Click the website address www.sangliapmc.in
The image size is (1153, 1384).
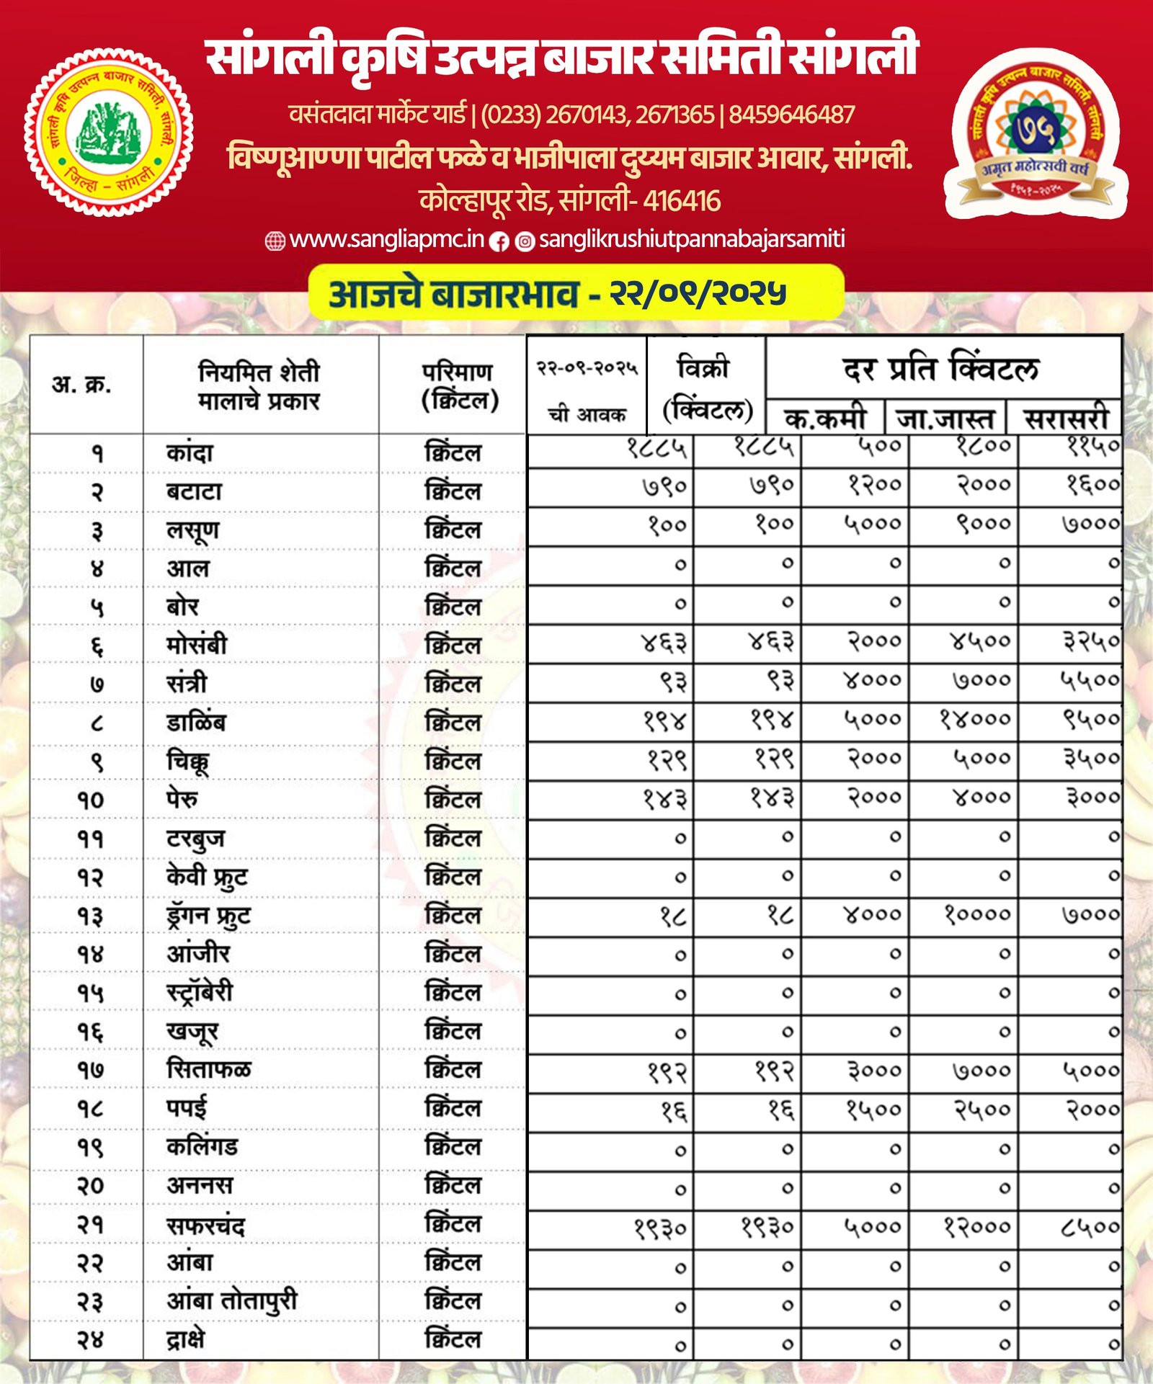coord(386,239)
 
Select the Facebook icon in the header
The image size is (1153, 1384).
coord(499,241)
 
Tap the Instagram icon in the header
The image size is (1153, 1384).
coord(525,241)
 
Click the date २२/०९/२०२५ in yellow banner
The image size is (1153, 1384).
coord(698,293)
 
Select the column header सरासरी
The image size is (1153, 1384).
coord(1067,419)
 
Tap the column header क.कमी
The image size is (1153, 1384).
coord(825,419)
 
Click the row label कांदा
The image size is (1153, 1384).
coord(190,453)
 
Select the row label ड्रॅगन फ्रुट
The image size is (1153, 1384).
coord(208,916)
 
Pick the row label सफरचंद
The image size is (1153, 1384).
coord(205,1225)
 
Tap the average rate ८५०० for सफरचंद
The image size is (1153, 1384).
coord(1090,1225)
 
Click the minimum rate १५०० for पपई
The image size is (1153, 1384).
coord(873,1110)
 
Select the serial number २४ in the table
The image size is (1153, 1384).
coord(91,1340)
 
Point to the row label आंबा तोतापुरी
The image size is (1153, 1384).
coord(231,1301)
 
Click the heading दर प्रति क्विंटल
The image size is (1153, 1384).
coord(941,368)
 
